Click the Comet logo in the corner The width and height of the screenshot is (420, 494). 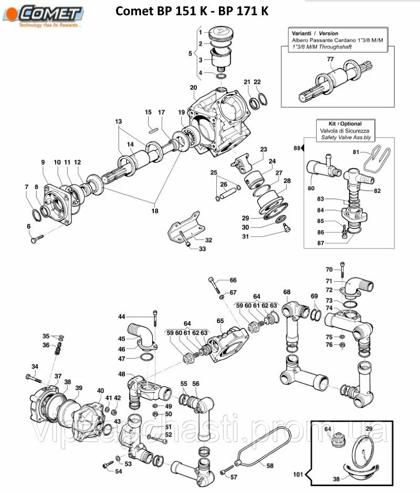tap(47, 15)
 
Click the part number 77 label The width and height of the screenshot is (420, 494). tap(330, 59)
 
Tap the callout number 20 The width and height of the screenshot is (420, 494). tap(193, 87)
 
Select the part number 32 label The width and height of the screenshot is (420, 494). tap(208, 240)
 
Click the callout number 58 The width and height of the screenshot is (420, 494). tap(270, 466)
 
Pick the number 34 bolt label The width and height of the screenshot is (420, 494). tap(35, 366)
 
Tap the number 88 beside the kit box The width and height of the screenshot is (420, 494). tap(297, 149)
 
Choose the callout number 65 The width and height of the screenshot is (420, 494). tap(220, 321)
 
